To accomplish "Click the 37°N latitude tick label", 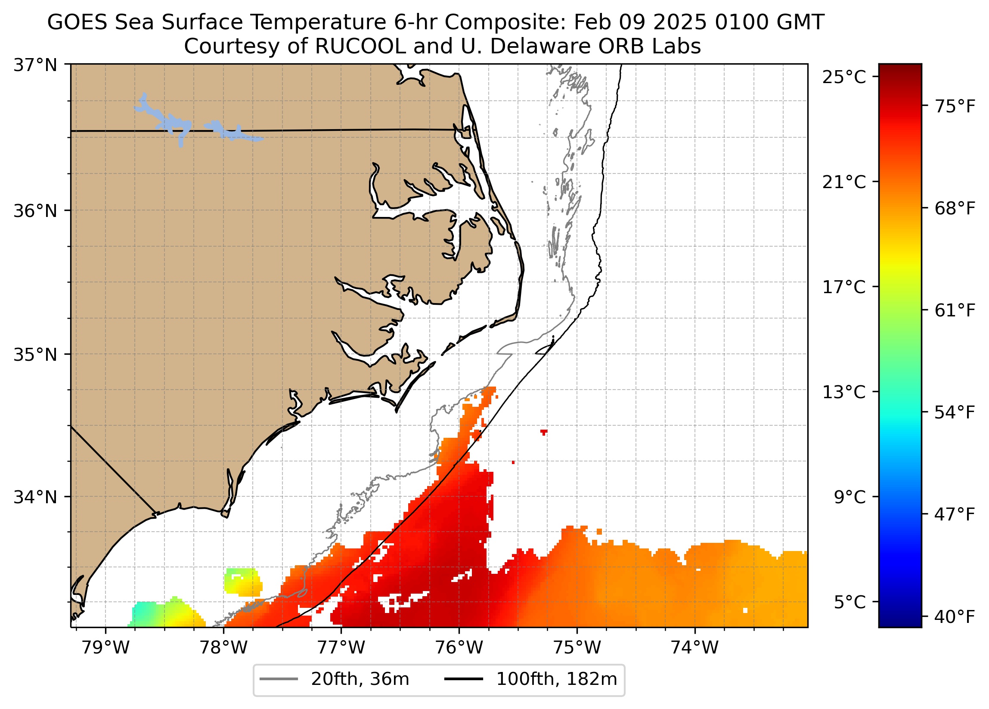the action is click(x=36, y=65).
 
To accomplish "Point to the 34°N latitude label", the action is click(x=36, y=497).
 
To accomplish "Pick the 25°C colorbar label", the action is click(x=844, y=77).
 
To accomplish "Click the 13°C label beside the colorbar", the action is click(x=844, y=392).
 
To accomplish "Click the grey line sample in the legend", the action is click(x=279, y=679).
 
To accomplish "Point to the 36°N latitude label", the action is click(x=36, y=211).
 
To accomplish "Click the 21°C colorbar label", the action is click(x=844, y=182).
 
